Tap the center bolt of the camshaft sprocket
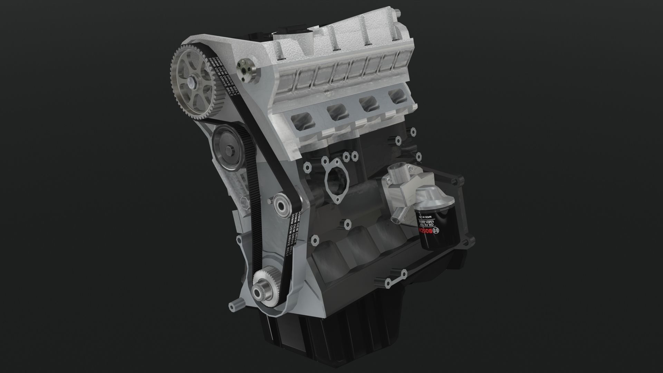tap(192, 84)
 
